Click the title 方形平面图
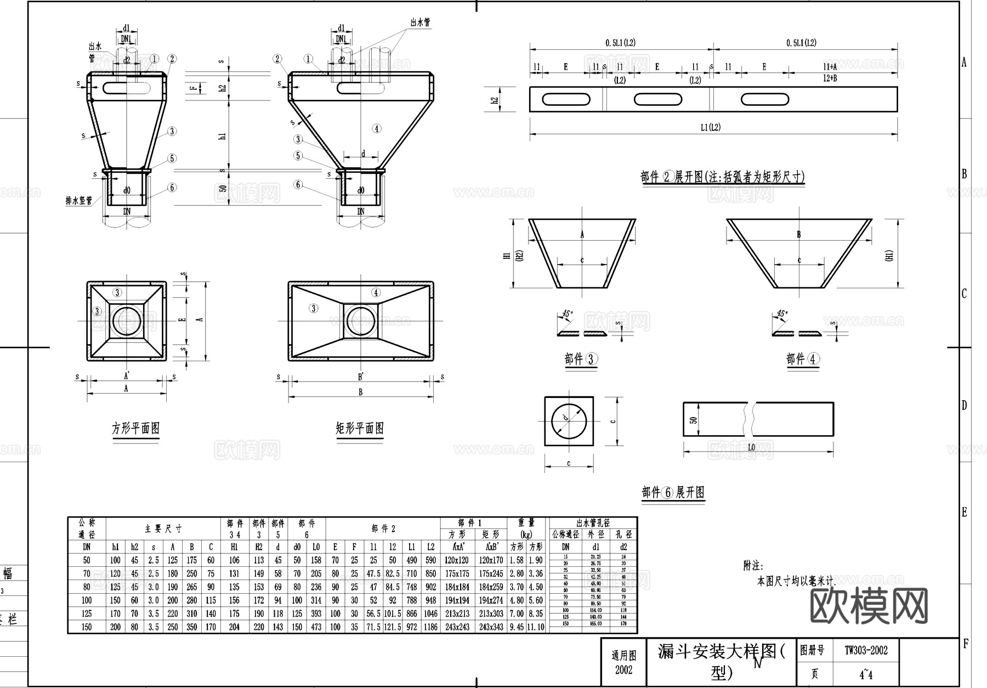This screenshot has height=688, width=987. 135,428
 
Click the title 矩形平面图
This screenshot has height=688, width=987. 360,428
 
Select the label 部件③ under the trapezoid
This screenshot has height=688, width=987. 581,360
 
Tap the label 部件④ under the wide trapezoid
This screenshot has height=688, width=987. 803,360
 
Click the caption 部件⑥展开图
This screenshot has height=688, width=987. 673,492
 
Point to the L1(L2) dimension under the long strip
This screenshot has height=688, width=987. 711,128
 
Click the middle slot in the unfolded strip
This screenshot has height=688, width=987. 658,99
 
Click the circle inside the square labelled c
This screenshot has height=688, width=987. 569,421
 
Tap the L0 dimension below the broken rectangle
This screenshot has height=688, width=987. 751,448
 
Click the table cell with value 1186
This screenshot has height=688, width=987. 431,627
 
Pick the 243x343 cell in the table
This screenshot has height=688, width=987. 491,627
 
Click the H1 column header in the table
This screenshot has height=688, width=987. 234,547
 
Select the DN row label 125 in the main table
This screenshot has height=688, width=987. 87,613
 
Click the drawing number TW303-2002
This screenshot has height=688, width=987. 866,651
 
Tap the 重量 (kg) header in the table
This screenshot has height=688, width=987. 526,528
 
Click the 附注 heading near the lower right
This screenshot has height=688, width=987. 753,566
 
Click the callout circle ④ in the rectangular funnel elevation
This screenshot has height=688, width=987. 376,129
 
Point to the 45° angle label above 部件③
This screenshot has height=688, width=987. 567,315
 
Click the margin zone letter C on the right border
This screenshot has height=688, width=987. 964,294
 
